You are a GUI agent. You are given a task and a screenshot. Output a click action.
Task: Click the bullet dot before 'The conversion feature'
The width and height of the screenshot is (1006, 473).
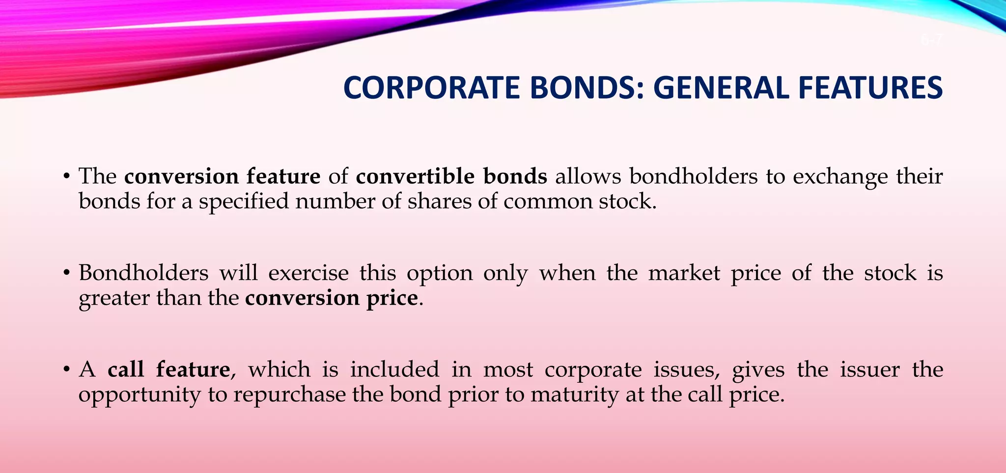66,177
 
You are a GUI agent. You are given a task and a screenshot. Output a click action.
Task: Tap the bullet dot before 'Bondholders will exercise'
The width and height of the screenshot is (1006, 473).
66,273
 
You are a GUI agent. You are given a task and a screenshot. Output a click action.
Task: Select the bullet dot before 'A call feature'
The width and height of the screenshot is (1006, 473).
66,369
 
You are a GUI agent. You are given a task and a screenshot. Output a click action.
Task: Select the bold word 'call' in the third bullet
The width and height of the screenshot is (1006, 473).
126,369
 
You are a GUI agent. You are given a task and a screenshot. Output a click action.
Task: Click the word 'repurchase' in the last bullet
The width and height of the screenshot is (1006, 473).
289,394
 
